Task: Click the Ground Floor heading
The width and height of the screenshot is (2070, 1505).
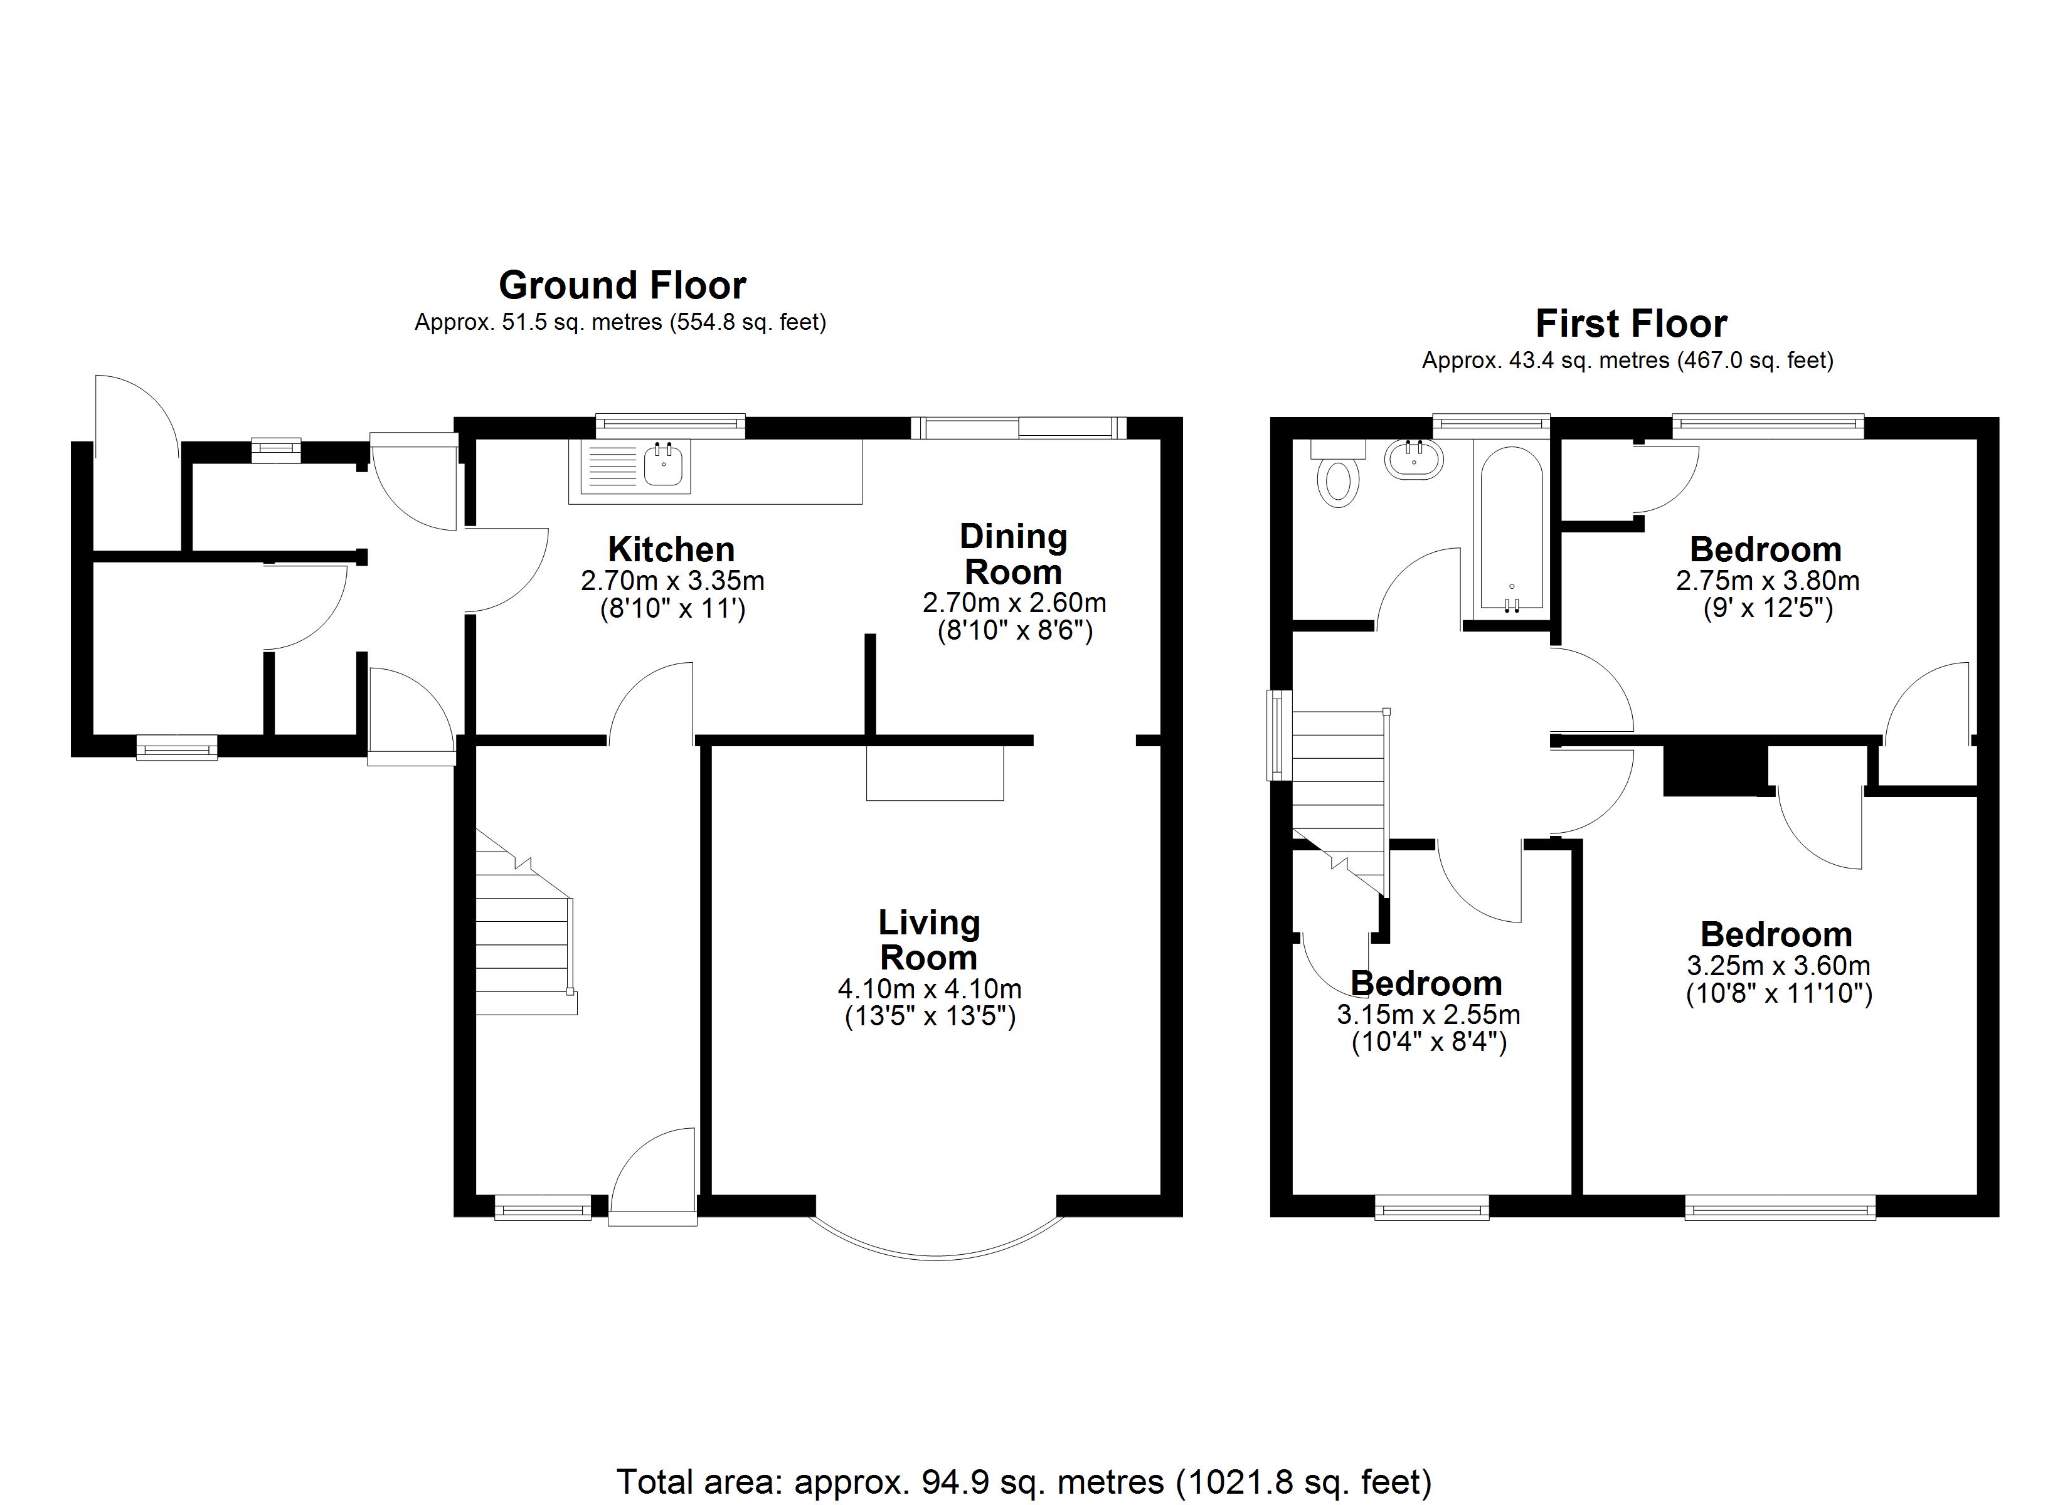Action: [622, 286]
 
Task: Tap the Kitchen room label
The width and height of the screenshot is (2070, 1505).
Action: [671, 549]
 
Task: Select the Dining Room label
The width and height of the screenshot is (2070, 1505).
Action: [1013, 554]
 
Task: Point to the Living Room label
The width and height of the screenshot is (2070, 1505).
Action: [929, 940]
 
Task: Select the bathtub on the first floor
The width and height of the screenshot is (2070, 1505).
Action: [1512, 529]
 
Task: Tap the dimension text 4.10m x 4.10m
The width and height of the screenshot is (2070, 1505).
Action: [929, 988]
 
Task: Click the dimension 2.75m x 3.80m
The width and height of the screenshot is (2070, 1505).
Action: [1767, 581]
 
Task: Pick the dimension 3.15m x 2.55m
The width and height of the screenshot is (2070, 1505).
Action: [1428, 1014]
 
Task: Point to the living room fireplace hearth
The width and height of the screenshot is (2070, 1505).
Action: [935, 773]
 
